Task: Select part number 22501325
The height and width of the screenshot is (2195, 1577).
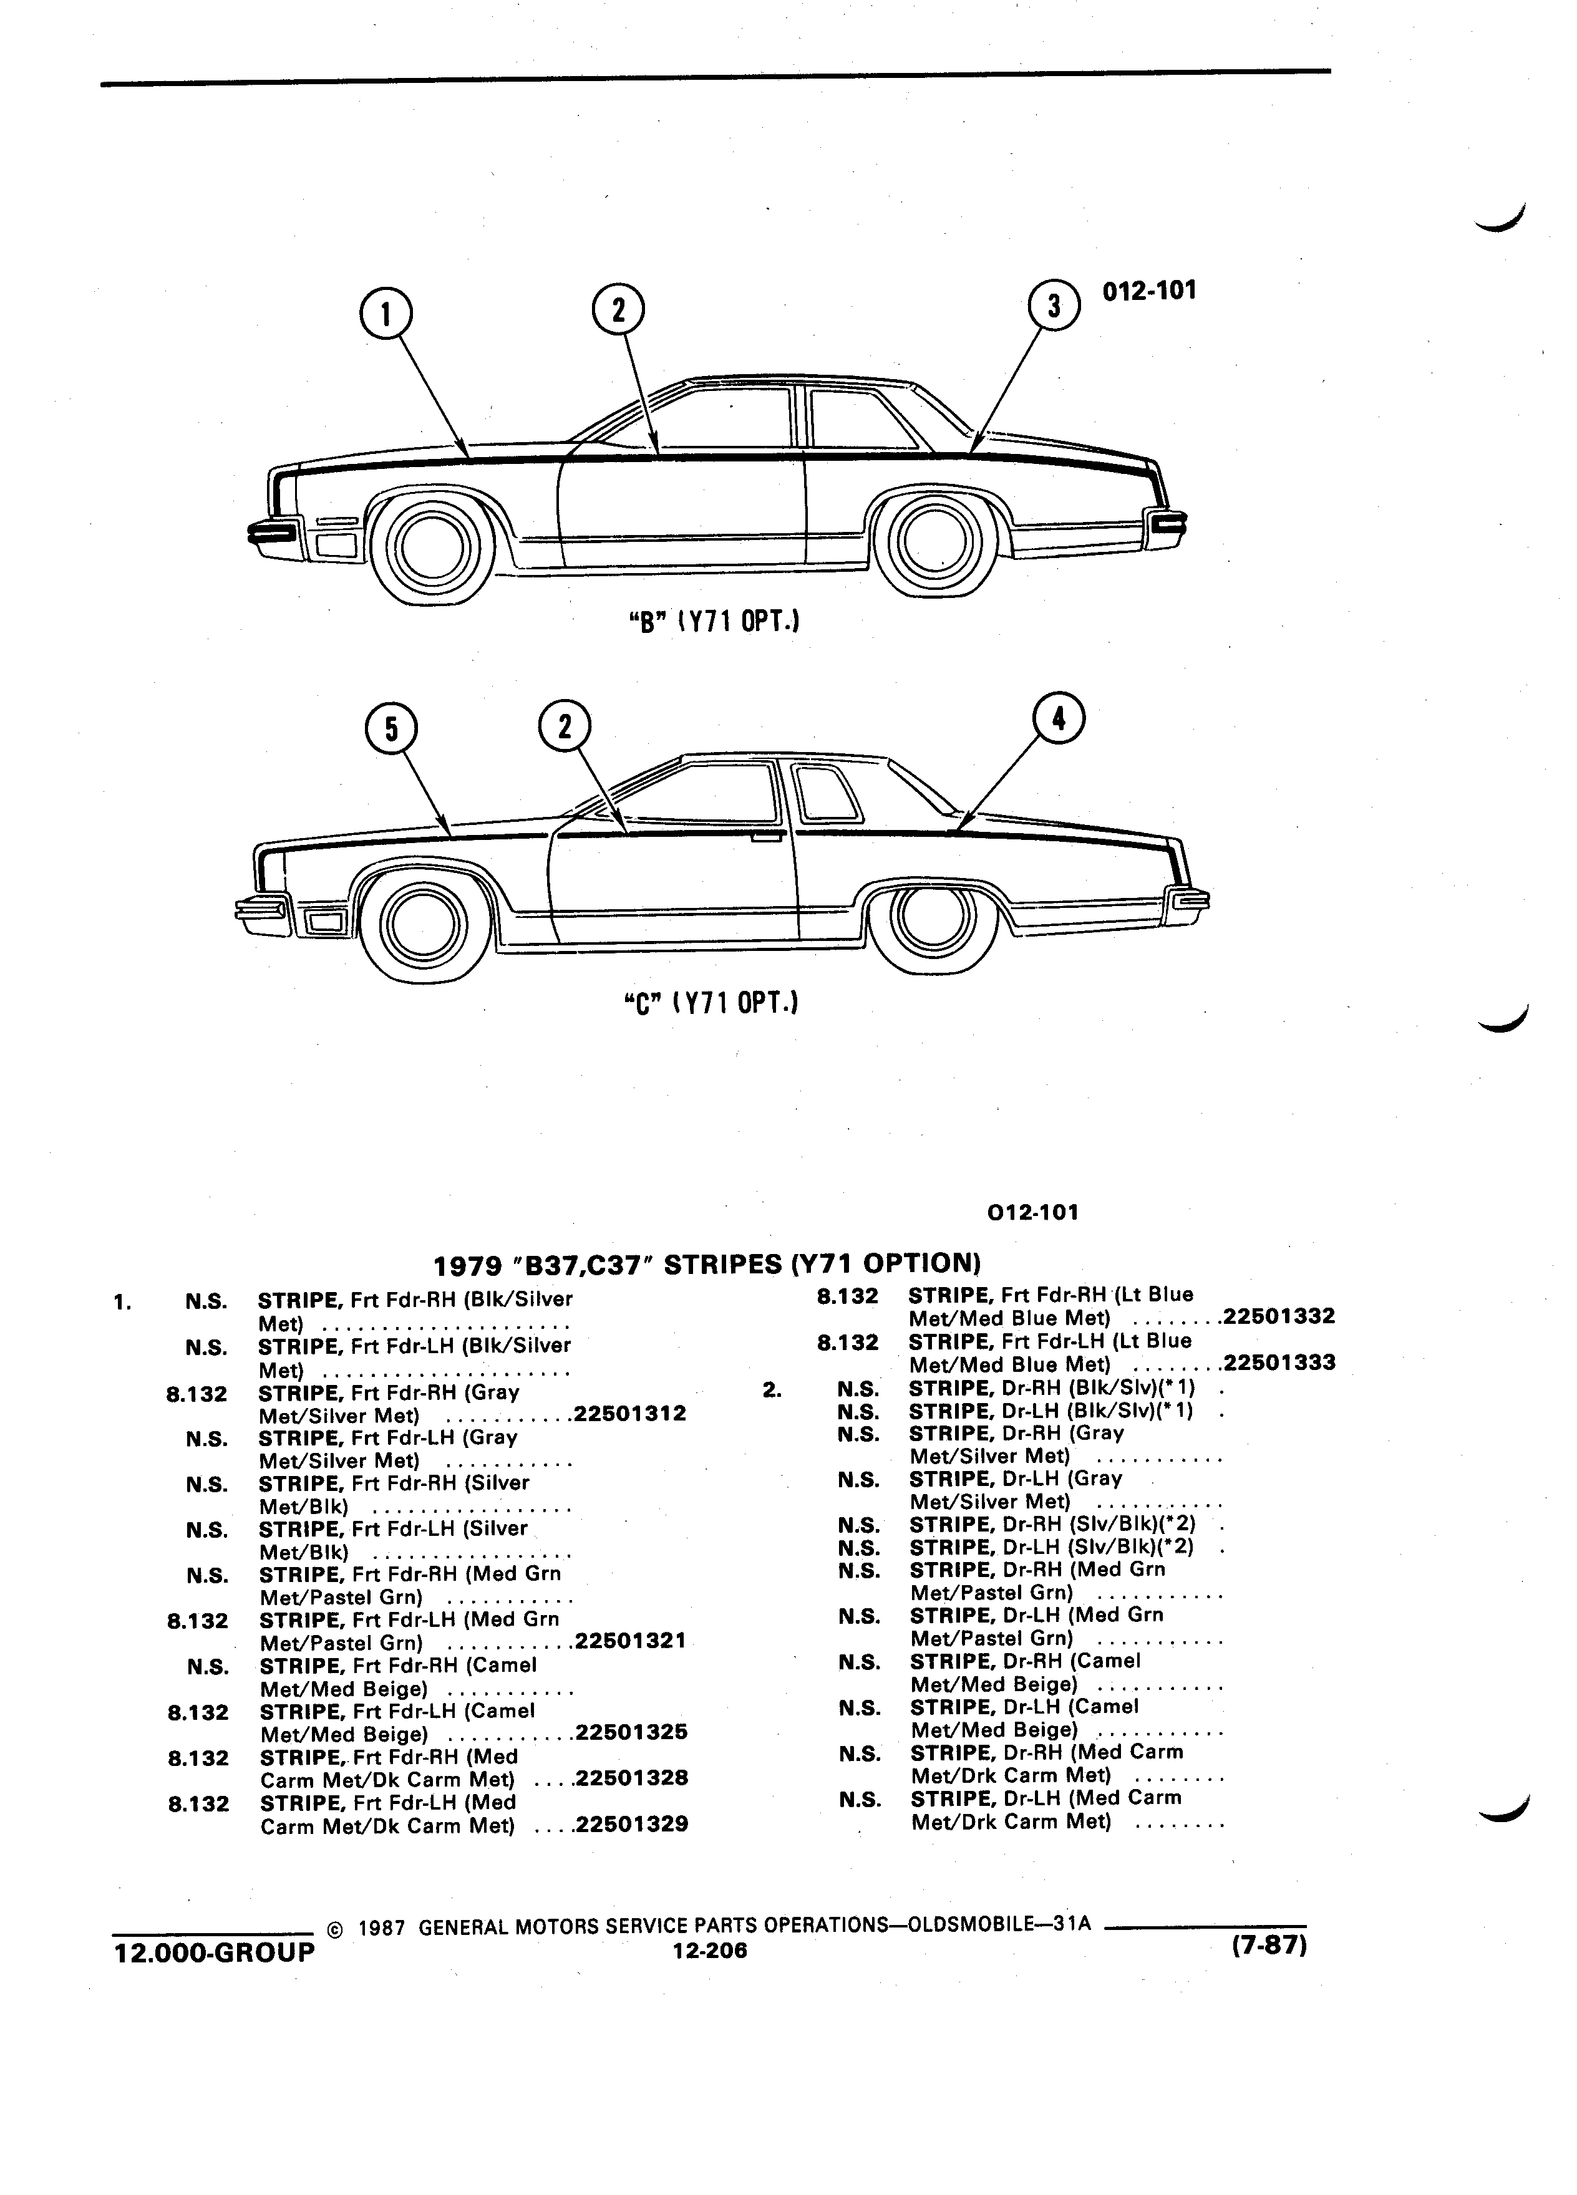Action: click(x=631, y=1732)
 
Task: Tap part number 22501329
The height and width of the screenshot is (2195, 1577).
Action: click(x=631, y=1825)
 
